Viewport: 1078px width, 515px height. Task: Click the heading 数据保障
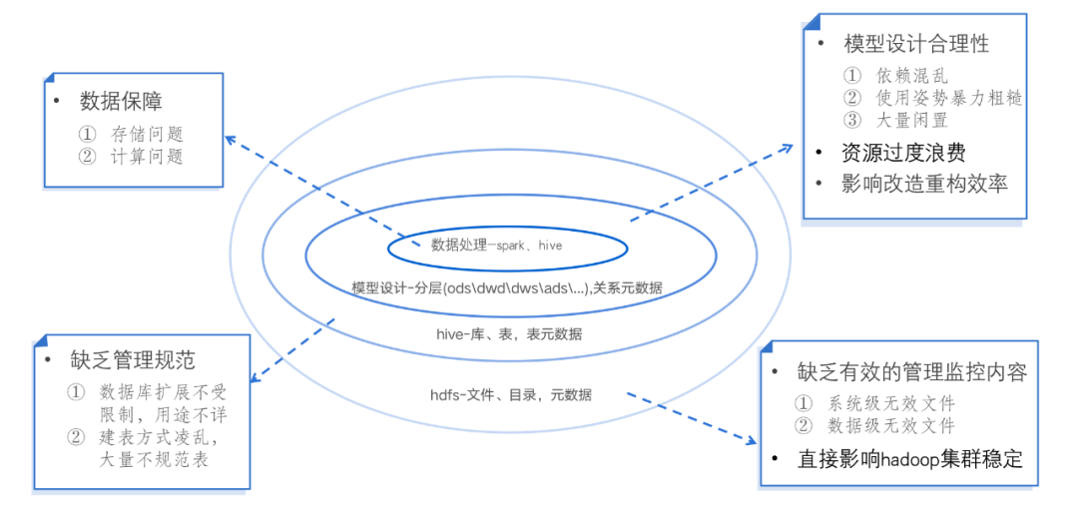tap(122, 102)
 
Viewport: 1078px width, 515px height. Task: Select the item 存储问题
tap(147, 134)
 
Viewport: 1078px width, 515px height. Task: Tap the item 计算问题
tap(147, 156)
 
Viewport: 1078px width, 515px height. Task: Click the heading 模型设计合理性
tap(916, 44)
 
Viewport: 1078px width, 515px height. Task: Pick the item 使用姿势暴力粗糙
tap(948, 97)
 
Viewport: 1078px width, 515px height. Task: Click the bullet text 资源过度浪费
tap(903, 153)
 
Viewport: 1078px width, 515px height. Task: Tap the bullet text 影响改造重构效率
tap(924, 184)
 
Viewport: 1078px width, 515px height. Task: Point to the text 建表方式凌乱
tap(159, 437)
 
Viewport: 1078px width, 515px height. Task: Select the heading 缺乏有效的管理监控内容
tap(911, 372)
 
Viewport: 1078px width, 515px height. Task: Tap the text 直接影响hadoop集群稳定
tap(910, 459)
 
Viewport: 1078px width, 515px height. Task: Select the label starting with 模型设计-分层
tap(507, 287)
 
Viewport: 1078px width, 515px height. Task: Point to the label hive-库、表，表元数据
tap(509, 334)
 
